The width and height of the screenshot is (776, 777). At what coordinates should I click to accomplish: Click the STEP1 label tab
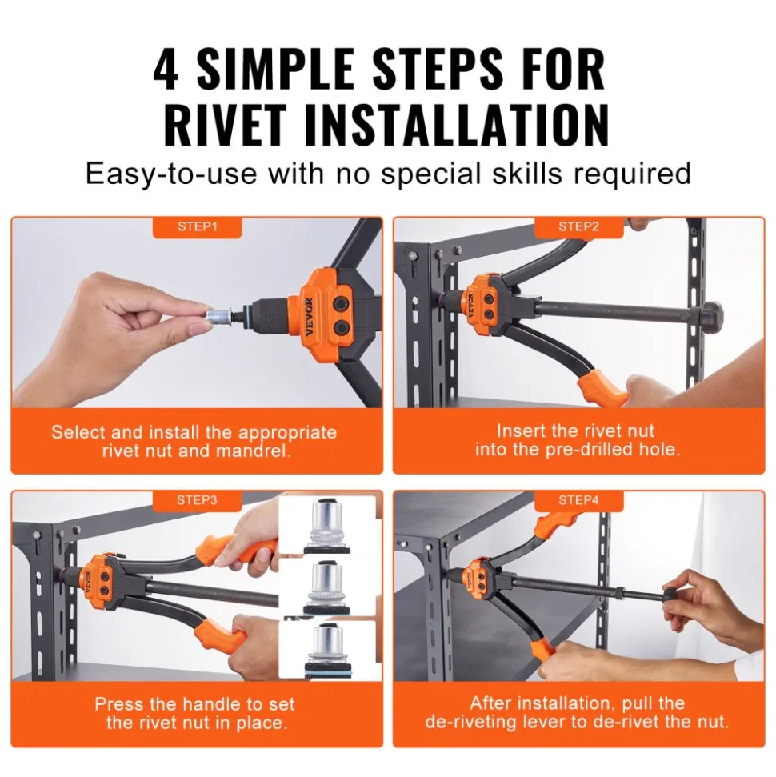click(198, 227)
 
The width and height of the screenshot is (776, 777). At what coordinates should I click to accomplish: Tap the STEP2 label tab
click(578, 227)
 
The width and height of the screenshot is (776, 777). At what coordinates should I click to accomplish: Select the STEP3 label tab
click(198, 500)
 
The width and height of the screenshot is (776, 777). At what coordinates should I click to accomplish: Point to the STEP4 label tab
click(578, 500)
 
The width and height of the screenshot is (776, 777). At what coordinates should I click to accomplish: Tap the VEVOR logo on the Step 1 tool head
click(308, 317)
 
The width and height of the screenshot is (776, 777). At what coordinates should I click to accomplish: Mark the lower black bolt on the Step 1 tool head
click(341, 328)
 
